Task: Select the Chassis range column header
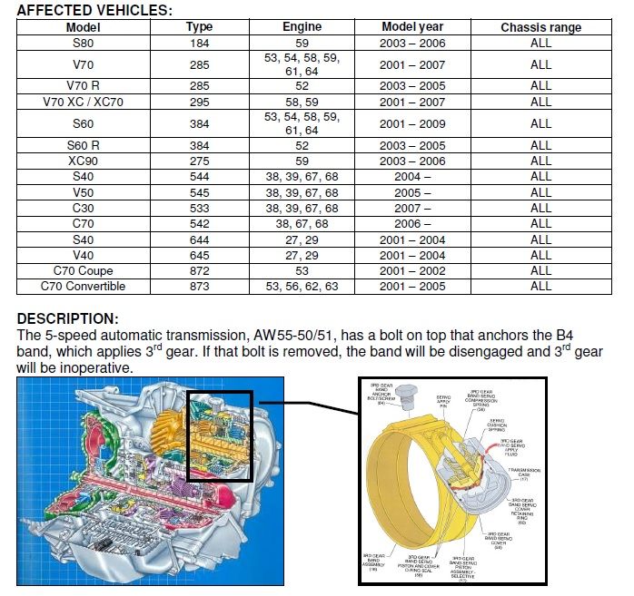pos(540,27)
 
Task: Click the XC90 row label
pos(84,160)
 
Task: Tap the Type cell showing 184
pos(199,42)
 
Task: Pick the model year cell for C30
pos(413,208)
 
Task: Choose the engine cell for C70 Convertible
pos(302,286)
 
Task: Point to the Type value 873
pos(199,286)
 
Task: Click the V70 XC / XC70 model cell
pos(84,102)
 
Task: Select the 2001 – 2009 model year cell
pos(413,123)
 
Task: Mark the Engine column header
pos(302,27)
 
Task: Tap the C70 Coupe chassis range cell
pos(540,270)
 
